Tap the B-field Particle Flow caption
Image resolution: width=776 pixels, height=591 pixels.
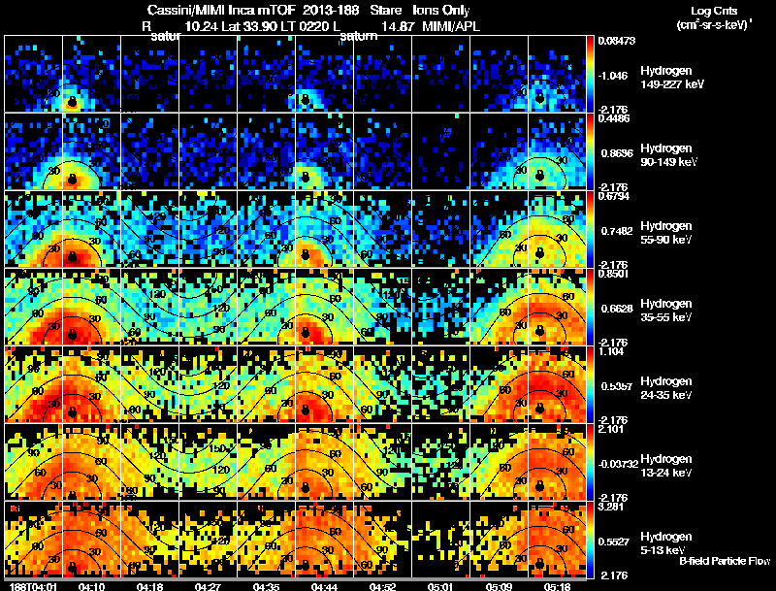point(725,561)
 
